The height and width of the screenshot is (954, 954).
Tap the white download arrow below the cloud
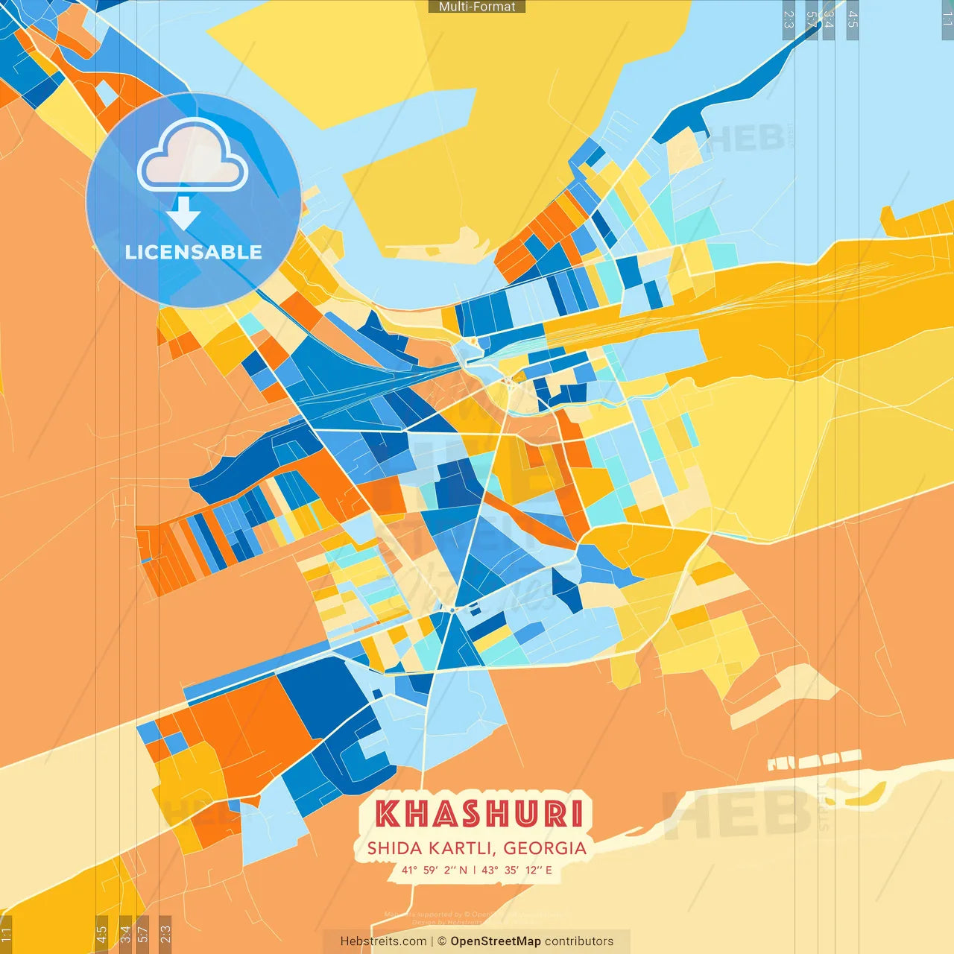click(183, 212)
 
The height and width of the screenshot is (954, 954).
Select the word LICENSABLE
click(193, 252)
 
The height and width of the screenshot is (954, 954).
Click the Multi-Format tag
click(477, 7)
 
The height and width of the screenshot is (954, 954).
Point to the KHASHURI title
click(478, 814)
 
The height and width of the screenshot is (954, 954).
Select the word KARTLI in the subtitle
click(461, 848)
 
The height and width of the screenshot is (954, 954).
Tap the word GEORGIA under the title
click(545, 848)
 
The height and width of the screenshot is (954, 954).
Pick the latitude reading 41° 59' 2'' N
click(435, 870)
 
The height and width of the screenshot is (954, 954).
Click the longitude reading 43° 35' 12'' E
click(517, 870)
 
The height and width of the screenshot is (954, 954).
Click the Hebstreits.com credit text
click(383, 941)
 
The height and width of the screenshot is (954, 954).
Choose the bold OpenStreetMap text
click(496, 941)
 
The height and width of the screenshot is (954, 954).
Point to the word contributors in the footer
click(579, 941)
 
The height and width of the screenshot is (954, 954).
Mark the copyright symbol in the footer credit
click(442, 941)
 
